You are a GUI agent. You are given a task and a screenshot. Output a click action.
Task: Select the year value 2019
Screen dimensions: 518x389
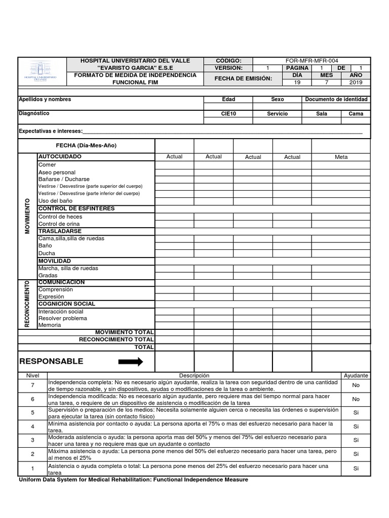click(x=356, y=82)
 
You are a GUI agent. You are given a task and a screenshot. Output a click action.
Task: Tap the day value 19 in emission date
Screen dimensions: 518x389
click(x=297, y=82)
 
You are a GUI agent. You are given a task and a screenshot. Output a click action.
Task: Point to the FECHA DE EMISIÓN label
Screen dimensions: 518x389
click(x=243, y=78)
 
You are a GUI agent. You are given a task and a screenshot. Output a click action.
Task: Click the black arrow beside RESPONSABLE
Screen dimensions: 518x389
click(x=130, y=362)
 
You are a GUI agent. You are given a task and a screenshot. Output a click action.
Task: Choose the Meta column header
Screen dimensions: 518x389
click(x=341, y=157)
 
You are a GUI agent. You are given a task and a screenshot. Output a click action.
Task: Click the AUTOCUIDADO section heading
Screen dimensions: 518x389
click(x=60, y=157)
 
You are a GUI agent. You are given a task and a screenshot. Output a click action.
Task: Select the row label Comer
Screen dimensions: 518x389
click(x=47, y=165)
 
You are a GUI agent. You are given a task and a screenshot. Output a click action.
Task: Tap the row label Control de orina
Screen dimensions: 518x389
click(x=59, y=224)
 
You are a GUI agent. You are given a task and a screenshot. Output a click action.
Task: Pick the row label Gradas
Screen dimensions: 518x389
click(x=48, y=275)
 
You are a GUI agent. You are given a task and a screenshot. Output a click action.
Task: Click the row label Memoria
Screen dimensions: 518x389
click(x=50, y=325)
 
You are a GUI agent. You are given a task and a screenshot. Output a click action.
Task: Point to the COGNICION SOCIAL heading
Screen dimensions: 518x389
click(x=67, y=304)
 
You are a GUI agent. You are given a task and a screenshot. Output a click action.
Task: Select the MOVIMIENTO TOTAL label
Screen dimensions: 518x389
click(x=124, y=332)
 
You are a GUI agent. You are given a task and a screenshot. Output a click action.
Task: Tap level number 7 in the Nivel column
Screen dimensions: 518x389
click(x=32, y=385)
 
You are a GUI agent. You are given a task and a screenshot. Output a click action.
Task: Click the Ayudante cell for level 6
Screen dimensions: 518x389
click(x=356, y=399)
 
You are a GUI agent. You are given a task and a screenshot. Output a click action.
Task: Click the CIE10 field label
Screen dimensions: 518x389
click(x=228, y=114)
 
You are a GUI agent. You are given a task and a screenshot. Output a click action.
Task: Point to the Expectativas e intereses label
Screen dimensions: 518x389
click(x=51, y=131)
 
